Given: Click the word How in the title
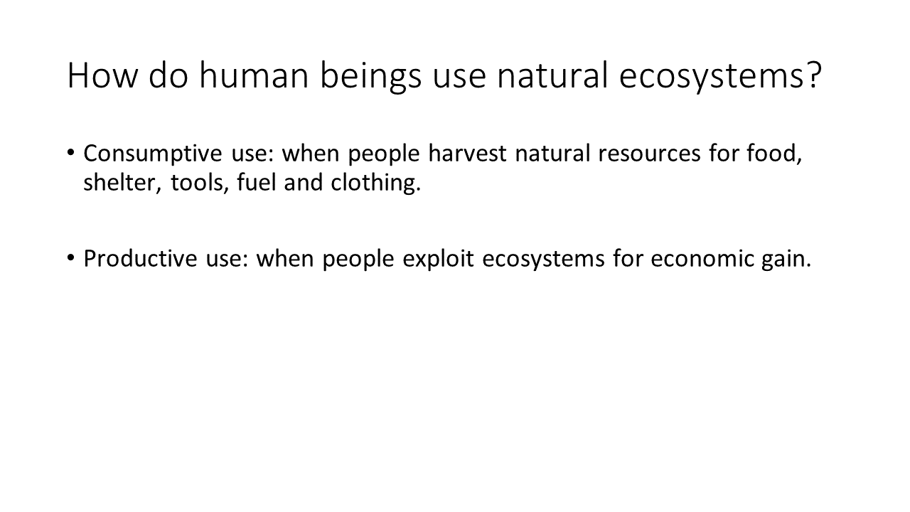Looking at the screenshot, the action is [x=103, y=75].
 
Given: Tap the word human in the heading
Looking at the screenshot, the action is [x=254, y=75].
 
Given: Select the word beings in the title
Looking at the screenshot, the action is [x=371, y=78].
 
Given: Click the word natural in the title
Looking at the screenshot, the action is [x=552, y=75].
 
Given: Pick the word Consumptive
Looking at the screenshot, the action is [x=153, y=154].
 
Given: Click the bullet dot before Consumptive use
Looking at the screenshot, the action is [x=70, y=153].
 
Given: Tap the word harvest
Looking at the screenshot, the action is [x=467, y=153].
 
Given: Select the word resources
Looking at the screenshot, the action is [x=649, y=154].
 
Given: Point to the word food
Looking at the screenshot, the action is [x=774, y=154].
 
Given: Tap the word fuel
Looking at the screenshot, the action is [x=256, y=181].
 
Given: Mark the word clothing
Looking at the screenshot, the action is [x=375, y=183].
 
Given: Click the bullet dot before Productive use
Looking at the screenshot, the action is [x=70, y=257].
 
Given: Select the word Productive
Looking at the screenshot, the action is [x=140, y=258].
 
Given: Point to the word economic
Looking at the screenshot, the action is [x=702, y=258].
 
